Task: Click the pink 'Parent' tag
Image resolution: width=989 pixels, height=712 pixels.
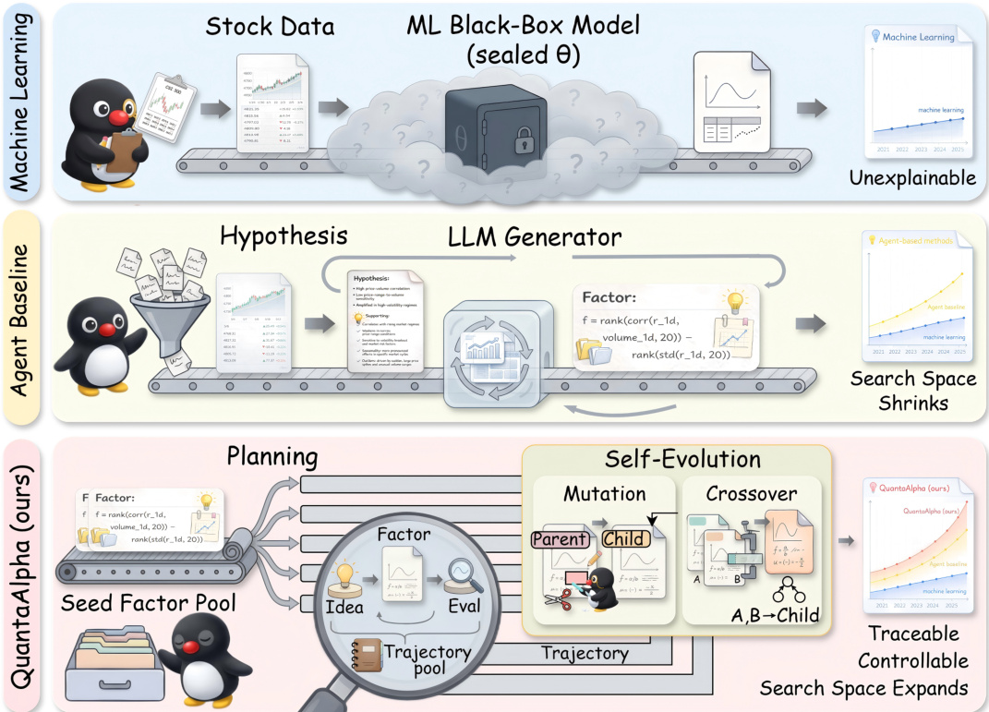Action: (560, 538)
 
